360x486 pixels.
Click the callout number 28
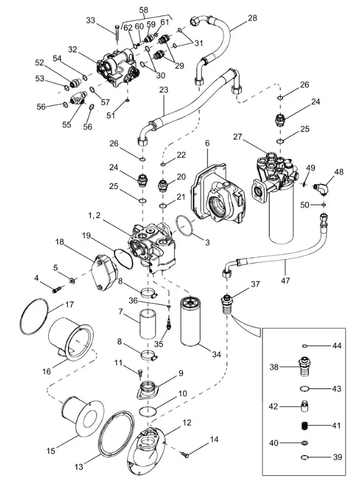(x=253, y=18)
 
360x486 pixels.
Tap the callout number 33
(x=91, y=20)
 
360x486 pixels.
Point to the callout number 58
(x=144, y=10)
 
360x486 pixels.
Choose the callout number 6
(x=207, y=144)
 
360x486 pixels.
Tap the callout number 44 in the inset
(x=336, y=346)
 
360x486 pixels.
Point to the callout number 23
(x=164, y=90)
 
